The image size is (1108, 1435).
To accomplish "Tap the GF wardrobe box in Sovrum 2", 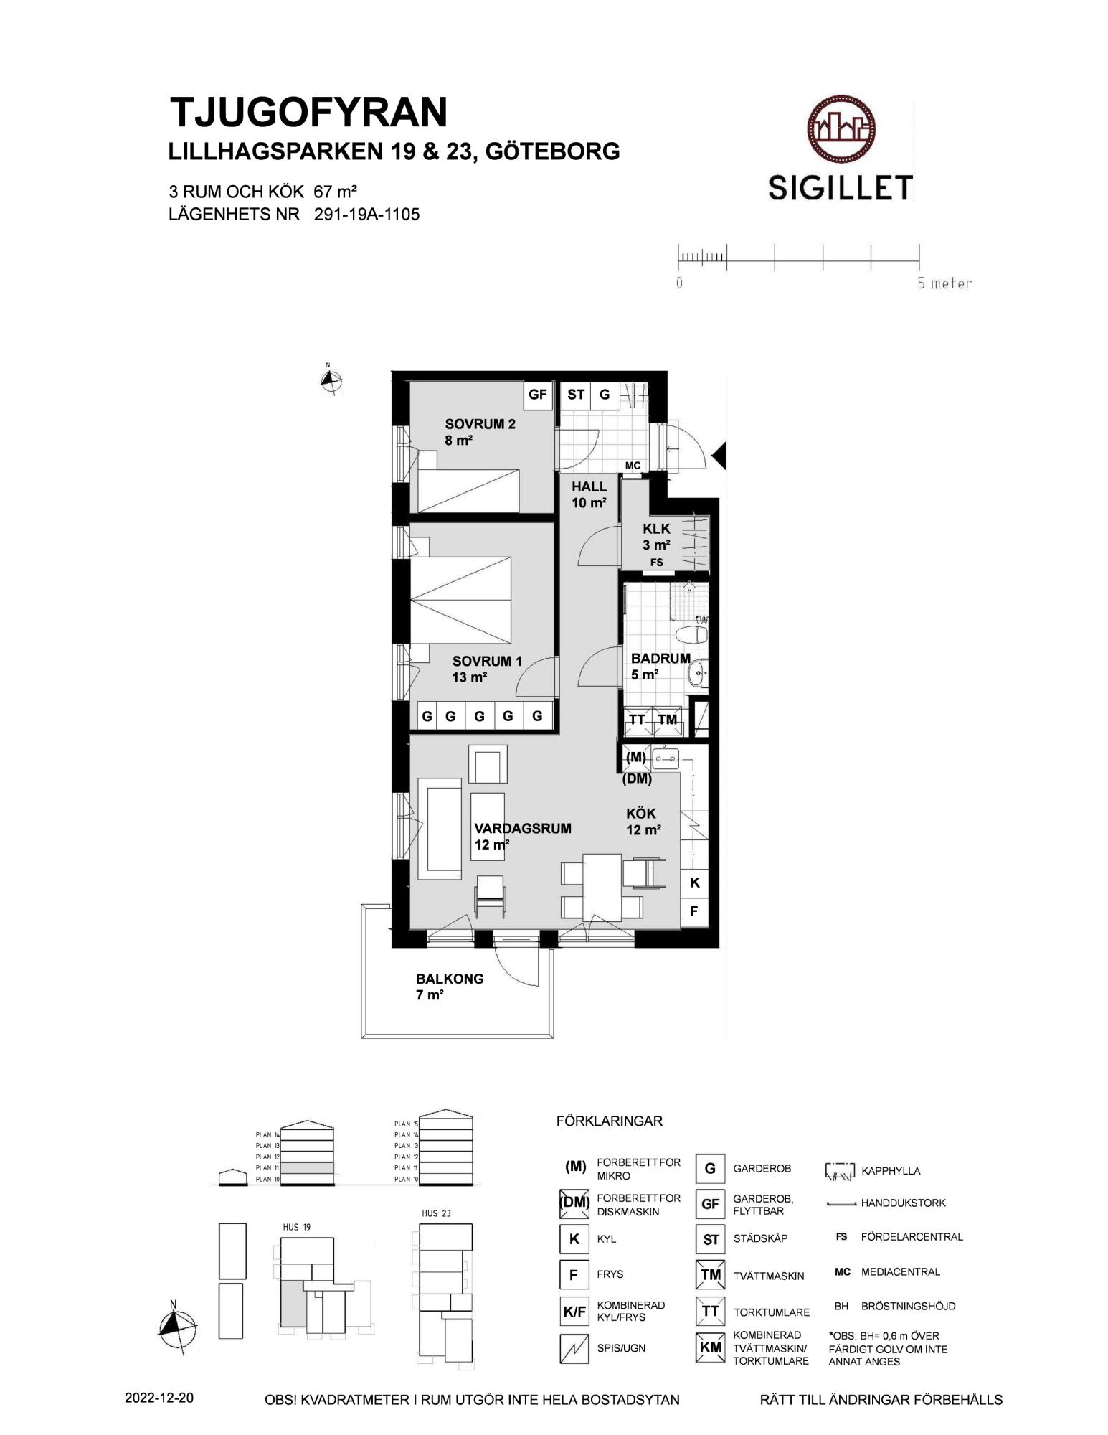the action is tap(537, 394).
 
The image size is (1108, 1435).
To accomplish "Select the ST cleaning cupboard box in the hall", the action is tap(575, 394).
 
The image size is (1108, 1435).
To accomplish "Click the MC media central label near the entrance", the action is tap(633, 466).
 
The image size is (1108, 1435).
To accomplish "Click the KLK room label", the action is tap(656, 529).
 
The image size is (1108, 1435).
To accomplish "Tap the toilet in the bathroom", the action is tap(693, 635).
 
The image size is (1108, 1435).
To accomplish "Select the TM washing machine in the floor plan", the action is tap(668, 720).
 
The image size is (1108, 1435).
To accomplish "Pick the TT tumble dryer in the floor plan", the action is tap(638, 720).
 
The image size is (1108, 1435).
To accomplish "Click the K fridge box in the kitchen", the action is tap(694, 883).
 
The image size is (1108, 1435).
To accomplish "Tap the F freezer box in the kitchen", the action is tap(694, 912).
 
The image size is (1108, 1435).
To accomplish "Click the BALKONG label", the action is tap(450, 979).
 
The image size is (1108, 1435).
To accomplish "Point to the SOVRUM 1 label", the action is tap(487, 661).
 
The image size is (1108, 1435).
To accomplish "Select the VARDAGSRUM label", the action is tap(523, 828).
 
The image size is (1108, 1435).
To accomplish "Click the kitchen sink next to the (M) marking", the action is tap(666, 758).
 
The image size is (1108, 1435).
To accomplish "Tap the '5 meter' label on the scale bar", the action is tap(944, 283).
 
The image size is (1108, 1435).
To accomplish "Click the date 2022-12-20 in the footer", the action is tap(158, 1398).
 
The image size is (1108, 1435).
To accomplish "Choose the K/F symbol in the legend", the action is tap(574, 1311).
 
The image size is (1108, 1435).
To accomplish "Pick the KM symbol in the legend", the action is tap(710, 1347).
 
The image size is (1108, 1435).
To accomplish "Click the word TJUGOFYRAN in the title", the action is tap(308, 112).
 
